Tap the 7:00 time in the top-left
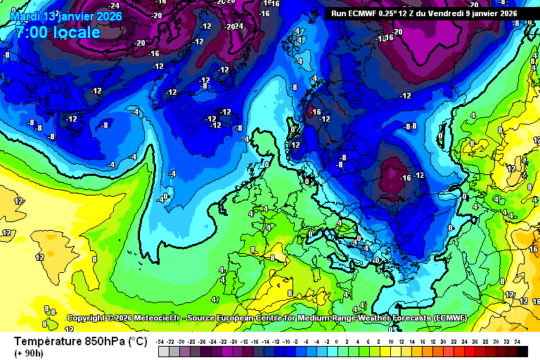click(x=31, y=32)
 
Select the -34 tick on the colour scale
click(x=161, y=341)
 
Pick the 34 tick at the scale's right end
click(x=517, y=341)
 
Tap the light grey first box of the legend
click(x=162, y=351)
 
